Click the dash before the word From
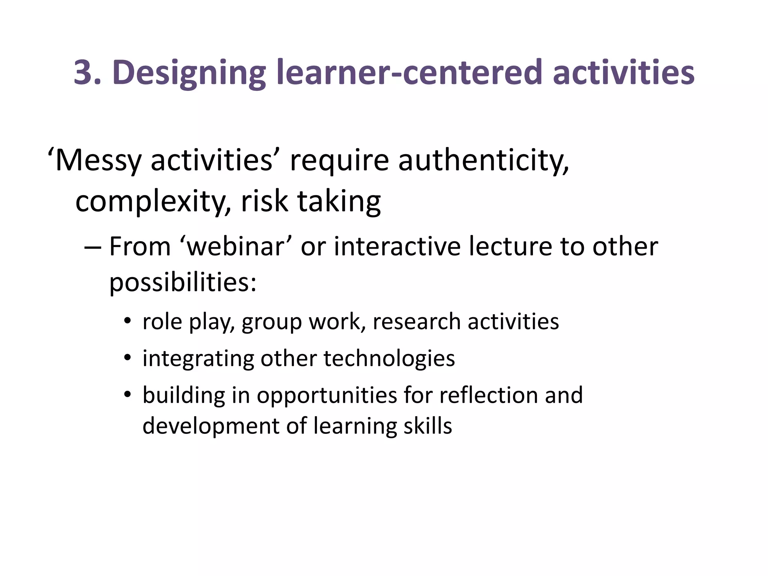click(x=93, y=248)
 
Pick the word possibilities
click(x=183, y=282)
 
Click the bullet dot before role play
click(x=128, y=322)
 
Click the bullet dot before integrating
click(x=128, y=358)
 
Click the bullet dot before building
click(x=128, y=395)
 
